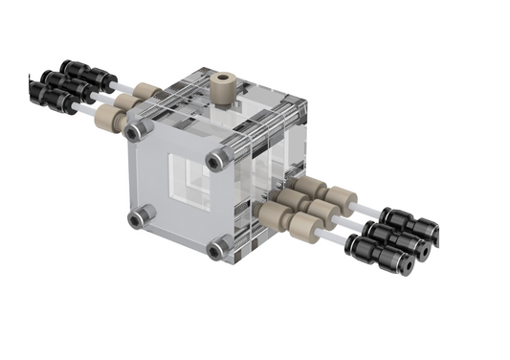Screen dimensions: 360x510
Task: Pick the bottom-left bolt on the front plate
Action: (139, 217)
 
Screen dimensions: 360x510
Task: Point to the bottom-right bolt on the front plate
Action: (219, 249)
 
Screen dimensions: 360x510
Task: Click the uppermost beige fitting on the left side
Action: (145, 94)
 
